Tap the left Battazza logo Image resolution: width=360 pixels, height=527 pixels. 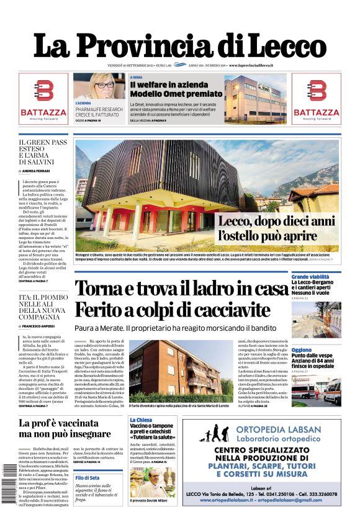pyautogui.click(x=43, y=99)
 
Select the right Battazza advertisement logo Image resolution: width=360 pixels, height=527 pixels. pyautogui.click(x=316, y=99)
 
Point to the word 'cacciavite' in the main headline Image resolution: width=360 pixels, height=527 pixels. pyautogui.click(x=237, y=309)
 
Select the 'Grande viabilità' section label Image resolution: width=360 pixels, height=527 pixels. pyautogui.click(x=310, y=276)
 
